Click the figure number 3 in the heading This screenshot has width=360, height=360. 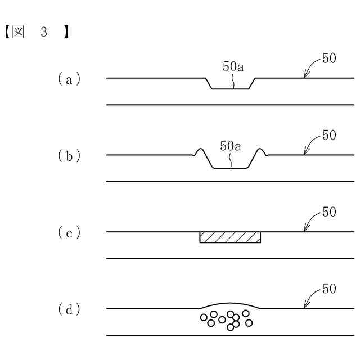tap(43, 33)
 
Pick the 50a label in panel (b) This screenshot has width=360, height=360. tap(231, 146)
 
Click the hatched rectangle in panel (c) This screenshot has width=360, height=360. tap(230, 237)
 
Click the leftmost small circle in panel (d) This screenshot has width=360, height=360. tap(204, 317)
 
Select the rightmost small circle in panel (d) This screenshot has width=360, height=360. tap(249, 322)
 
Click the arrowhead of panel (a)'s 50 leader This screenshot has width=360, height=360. tap(304, 75)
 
